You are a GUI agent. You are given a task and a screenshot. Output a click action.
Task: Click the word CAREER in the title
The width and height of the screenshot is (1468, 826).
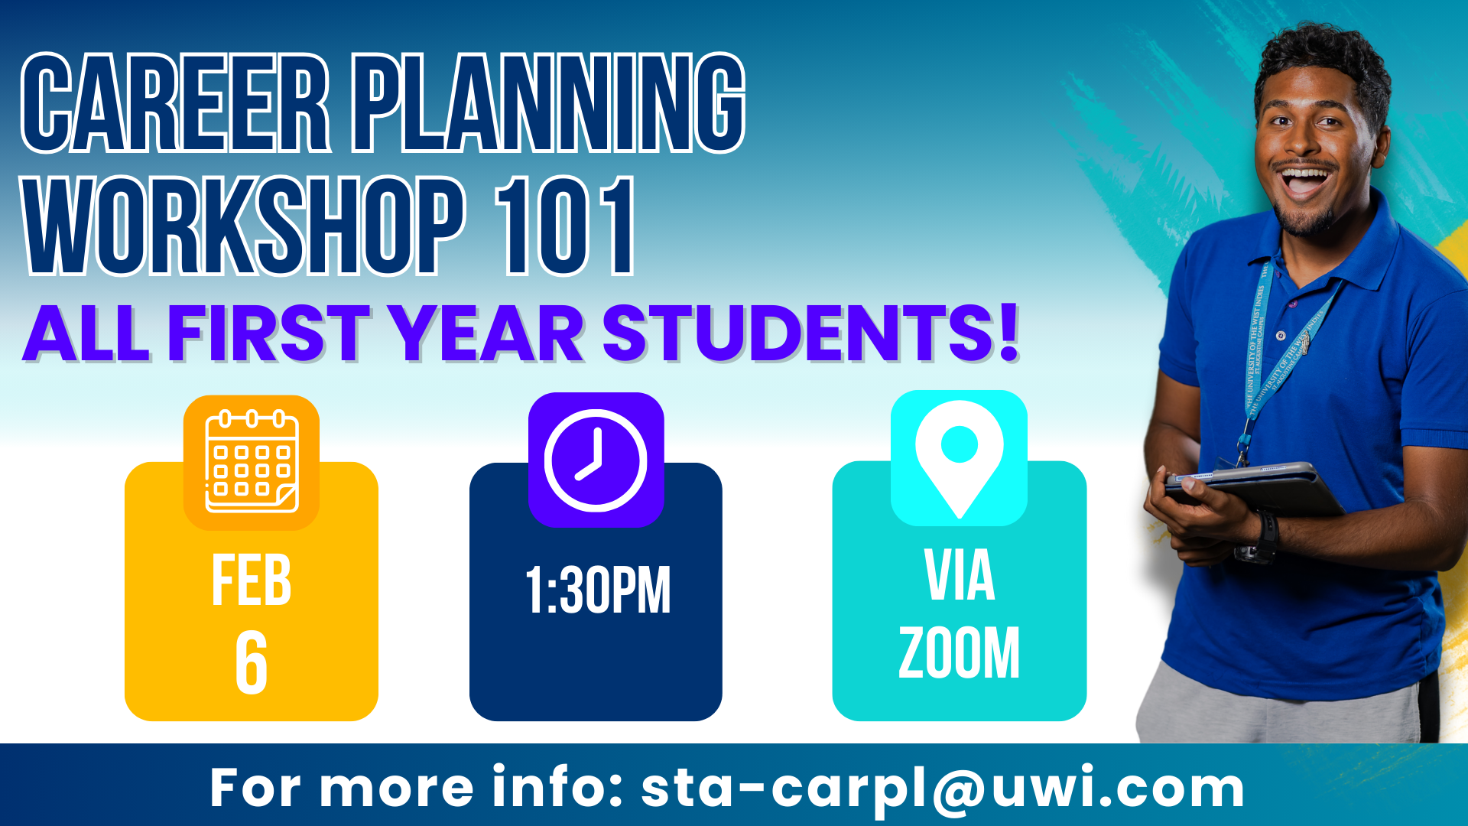pos(177,103)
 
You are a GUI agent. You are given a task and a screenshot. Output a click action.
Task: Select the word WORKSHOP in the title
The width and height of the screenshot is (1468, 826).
pos(244,226)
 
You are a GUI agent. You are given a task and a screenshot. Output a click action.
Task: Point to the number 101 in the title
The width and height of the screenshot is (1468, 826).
pos(564,226)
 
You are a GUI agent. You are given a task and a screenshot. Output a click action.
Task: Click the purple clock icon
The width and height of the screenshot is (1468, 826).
pos(596,460)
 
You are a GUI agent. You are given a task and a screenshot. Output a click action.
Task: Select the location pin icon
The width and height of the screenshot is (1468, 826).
pos(959,458)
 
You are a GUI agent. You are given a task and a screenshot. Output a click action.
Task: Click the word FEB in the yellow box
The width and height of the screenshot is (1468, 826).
pos(252,580)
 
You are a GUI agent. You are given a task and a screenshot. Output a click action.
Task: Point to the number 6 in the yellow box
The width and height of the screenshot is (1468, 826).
pos(252,663)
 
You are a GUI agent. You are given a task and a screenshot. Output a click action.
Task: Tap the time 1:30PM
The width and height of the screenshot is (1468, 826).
pos(598,590)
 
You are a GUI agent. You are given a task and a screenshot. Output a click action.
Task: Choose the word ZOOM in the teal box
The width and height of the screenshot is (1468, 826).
pos(959,653)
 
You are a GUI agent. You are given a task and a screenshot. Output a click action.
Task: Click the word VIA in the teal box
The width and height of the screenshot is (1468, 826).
pos(960,575)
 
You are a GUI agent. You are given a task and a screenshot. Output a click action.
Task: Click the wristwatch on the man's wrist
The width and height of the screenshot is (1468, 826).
pos(1259,539)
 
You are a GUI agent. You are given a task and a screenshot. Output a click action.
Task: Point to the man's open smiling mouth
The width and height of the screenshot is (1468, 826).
pos(1305,182)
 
